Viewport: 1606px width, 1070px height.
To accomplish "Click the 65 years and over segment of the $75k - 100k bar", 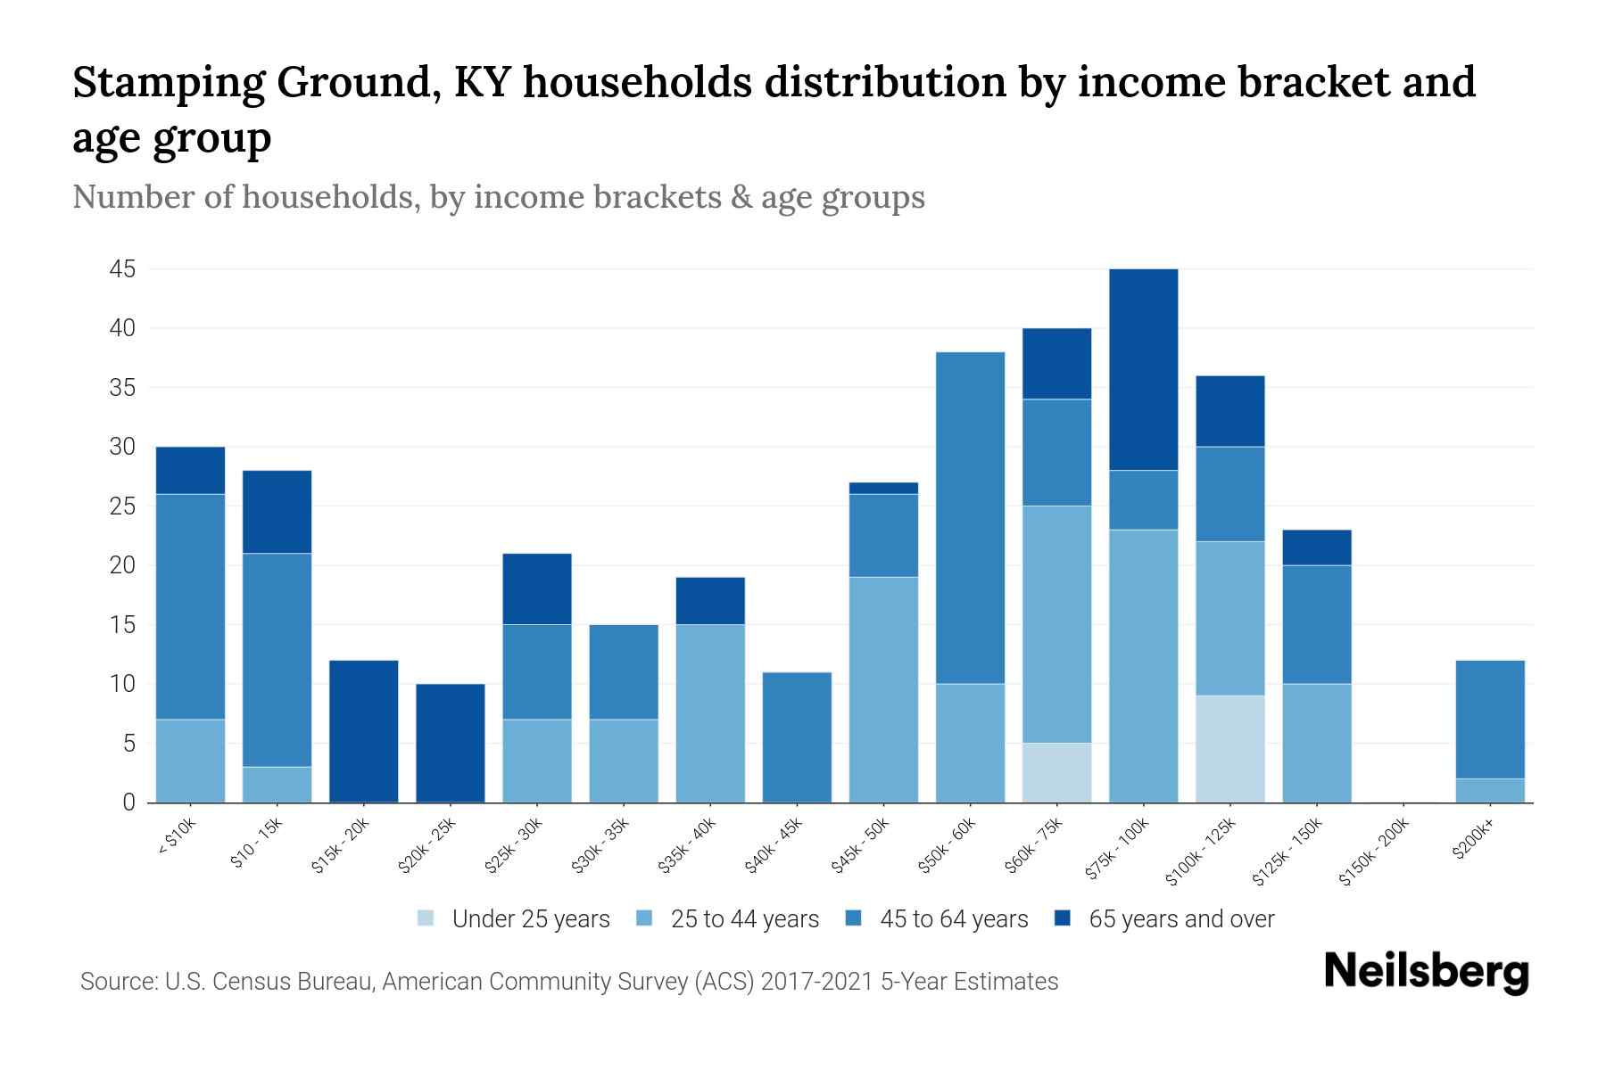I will pos(1143,369).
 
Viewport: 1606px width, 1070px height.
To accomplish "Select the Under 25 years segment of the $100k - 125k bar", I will pos(1229,749).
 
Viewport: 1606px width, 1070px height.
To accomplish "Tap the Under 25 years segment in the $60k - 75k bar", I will pos(1056,772).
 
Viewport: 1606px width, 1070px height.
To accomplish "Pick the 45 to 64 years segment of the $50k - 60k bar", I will pos(970,517).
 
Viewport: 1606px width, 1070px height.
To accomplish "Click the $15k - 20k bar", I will pos(364,731).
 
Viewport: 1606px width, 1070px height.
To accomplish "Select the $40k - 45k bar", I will pos(797,737).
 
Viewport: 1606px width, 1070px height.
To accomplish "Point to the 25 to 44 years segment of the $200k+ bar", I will pos(1490,790).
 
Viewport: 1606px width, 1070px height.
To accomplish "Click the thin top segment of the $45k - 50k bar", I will pos(883,488).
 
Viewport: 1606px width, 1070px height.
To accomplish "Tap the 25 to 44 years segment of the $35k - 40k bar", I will pos(710,713).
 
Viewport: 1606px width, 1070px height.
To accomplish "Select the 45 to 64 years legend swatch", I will pos(854,918).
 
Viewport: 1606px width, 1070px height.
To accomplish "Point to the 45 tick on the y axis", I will pos(122,269).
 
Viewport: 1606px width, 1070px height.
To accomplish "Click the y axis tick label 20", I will pos(122,565).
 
